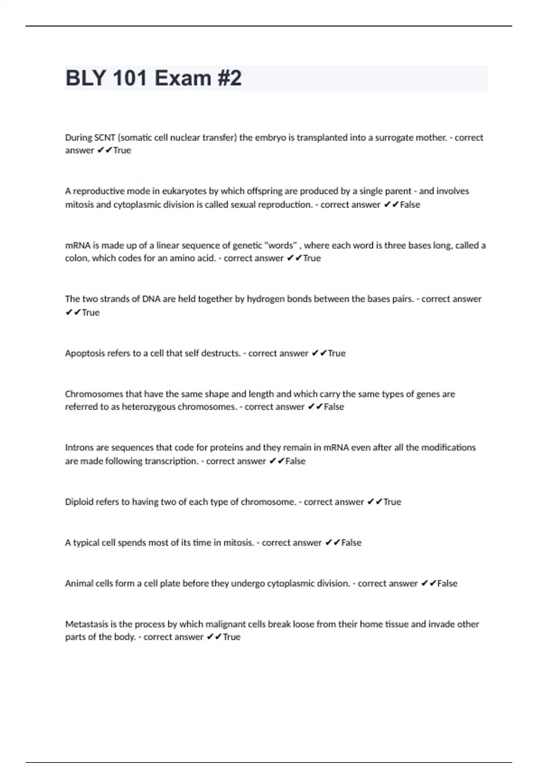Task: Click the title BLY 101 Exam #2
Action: (x=153, y=78)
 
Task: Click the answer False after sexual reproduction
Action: (x=410, y=205)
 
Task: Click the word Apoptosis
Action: (x=85, y=353)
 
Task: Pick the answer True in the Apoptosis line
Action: (x=337, y=353)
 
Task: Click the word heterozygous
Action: (x=149, y=407)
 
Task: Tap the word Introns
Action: (x=79, y=447)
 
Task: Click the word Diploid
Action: (x=79, y=502)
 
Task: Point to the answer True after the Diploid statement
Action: (x=392, y=502)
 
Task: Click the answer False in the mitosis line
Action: (x=351, y=543)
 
